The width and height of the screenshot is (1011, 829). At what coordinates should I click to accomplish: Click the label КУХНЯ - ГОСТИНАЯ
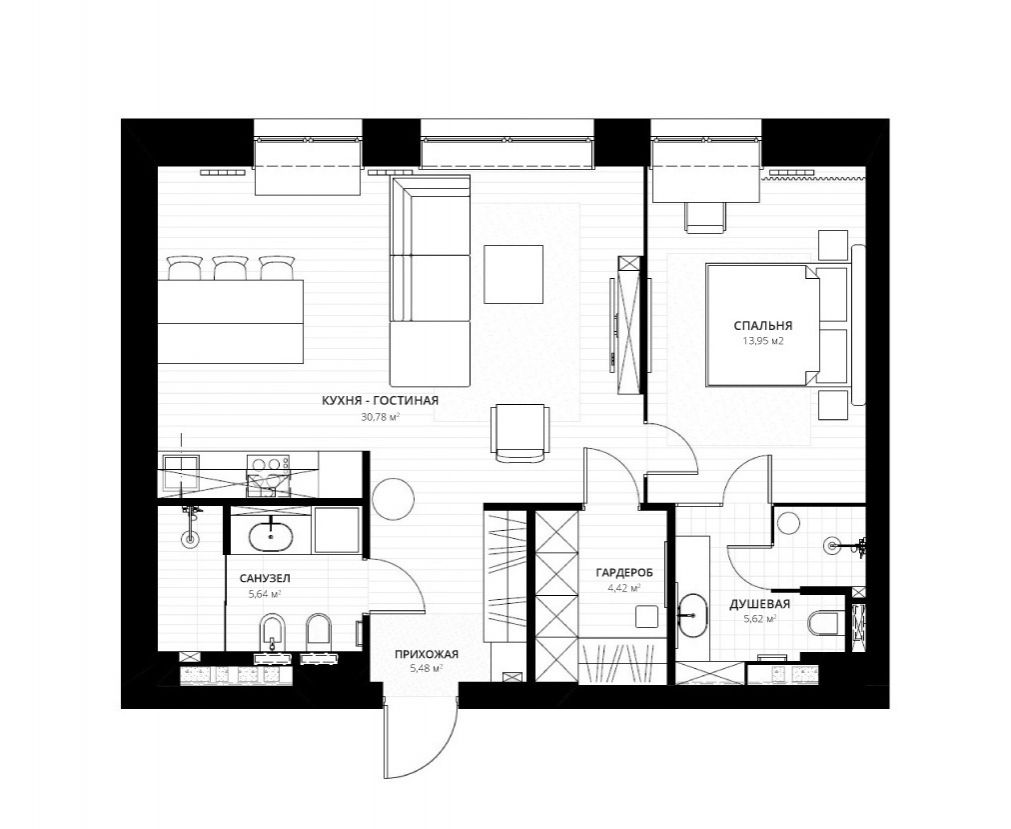(x=380, y=400)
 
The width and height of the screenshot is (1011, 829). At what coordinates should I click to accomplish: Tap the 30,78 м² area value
(x=380, y=417)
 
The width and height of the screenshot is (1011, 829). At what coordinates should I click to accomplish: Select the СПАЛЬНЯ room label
(x=763, y=326)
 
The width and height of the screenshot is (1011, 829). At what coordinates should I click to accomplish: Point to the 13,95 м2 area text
(x=763, y=342)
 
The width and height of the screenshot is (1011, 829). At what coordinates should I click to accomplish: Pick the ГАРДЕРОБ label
(x=624, y=572)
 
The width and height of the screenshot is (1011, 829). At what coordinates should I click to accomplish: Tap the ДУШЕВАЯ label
(x=760, y=605)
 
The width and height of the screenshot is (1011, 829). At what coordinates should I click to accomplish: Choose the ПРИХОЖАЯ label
(x=427, y=654)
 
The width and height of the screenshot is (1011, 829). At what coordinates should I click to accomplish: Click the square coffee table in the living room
(x=513, y=274)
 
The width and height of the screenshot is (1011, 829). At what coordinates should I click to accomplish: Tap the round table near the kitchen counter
(x=393, y=499)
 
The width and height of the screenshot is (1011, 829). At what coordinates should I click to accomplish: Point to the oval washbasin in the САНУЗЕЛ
(x=271, y=537)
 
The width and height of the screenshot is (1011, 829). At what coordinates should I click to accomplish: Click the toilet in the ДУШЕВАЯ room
(x=823, y=622)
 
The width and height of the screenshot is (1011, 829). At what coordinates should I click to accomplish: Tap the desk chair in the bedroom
(x=705, y=217)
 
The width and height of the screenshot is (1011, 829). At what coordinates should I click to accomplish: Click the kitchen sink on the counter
(x=181, y=474)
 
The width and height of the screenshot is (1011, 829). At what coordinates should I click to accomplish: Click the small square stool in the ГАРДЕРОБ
(x=647, y=616)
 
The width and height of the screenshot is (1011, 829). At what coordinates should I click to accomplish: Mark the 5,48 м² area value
(x=426, y=669)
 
